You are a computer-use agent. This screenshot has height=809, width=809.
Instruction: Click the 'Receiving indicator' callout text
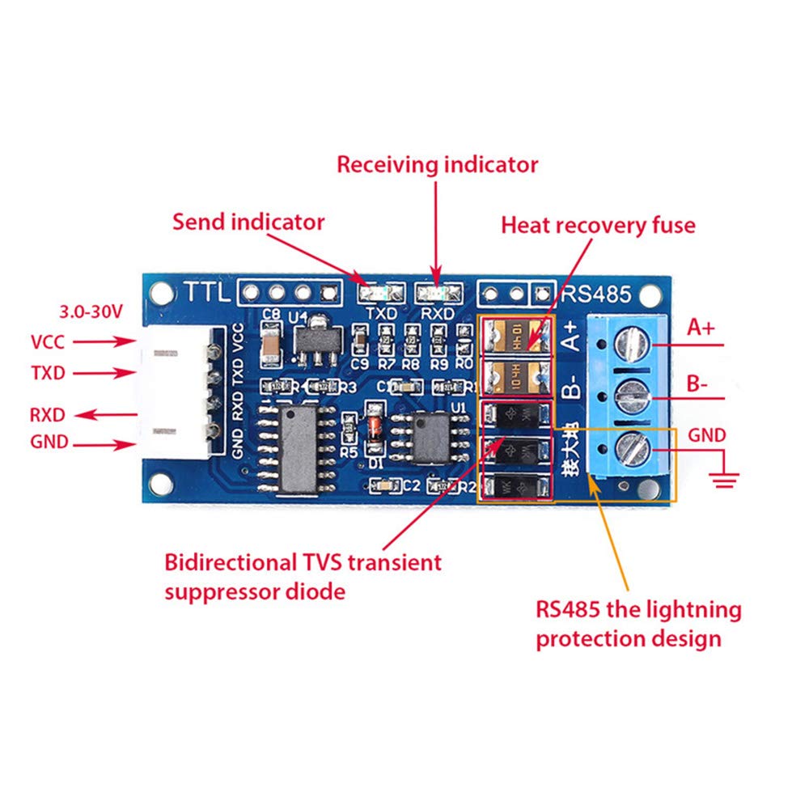(437, 165)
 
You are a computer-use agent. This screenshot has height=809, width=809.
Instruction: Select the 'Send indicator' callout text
(248, 222)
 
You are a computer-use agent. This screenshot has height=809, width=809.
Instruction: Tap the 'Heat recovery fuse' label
(598, 225)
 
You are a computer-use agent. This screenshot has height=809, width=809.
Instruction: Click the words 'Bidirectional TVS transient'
(303, 561)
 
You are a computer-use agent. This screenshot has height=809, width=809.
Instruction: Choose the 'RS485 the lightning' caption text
(638, 609)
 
